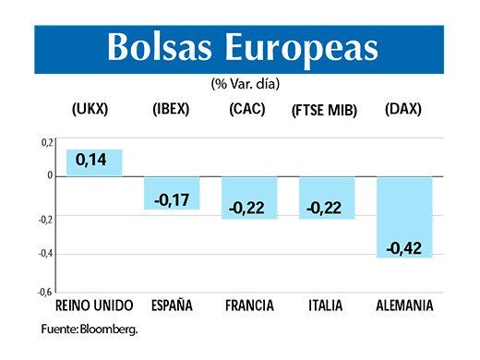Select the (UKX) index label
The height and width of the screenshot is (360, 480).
click(x=90, y=109)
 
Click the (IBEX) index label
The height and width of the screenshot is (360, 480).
click(x=172, y=109)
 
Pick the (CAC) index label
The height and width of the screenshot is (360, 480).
click(x=247, y=109)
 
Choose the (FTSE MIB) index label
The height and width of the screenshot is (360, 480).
click(x=325, y=110)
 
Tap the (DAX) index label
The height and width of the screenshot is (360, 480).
click(x=402, y=109)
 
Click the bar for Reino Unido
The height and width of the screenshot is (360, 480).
click(x=95, y=162)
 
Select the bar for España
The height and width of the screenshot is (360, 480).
click(x=173, y=192)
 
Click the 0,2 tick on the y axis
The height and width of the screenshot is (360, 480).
click(x=46, y=141)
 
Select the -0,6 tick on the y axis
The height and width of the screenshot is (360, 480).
click(x=44, y=292)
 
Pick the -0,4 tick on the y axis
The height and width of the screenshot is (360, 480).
click(x=44, y=253)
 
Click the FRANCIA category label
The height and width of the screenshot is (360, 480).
click(x=250, y=306)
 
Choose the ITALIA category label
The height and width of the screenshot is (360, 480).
click(x=326, y=306)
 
